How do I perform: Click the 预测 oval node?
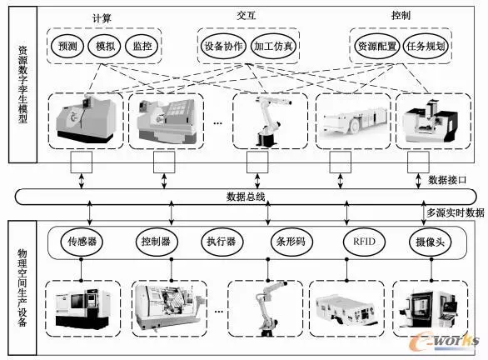tap(68, 47)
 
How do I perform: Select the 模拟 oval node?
tap(106, 47)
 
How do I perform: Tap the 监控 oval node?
tap(142, 47)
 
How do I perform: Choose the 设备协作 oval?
tap(223, 47)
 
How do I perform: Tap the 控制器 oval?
tap(154, 242)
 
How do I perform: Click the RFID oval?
tap(354, 242)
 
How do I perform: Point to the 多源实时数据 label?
tap(455, 213)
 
